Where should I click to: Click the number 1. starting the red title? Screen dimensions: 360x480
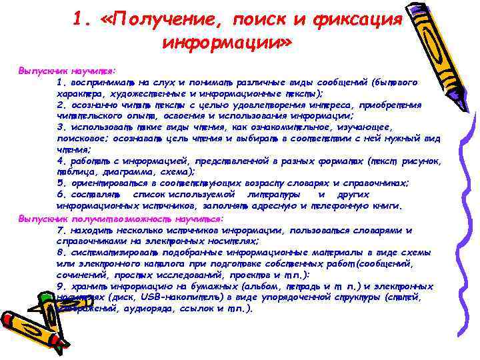pyautogui.click(x=83, y=21)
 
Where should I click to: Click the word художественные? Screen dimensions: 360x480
pyautogui.click(x=141, y=94)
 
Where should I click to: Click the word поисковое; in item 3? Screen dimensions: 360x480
pyautogui.click(x=83, y=138)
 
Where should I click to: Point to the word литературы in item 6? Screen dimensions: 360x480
pyautogui.click(x=274, y=194)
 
